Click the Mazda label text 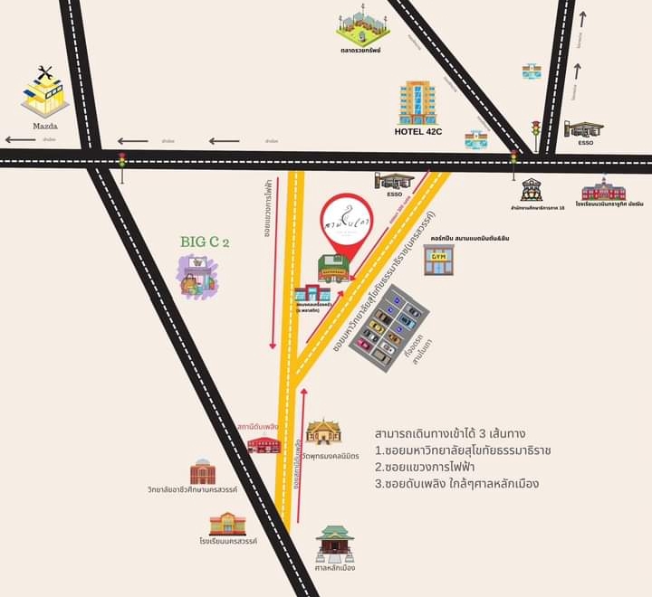45,128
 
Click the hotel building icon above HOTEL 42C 418,102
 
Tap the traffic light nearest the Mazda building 121,162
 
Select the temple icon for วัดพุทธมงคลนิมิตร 323,431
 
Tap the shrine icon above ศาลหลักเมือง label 334,544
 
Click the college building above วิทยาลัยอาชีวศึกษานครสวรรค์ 203,471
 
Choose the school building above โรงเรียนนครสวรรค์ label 227,523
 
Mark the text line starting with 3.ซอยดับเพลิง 456,484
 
